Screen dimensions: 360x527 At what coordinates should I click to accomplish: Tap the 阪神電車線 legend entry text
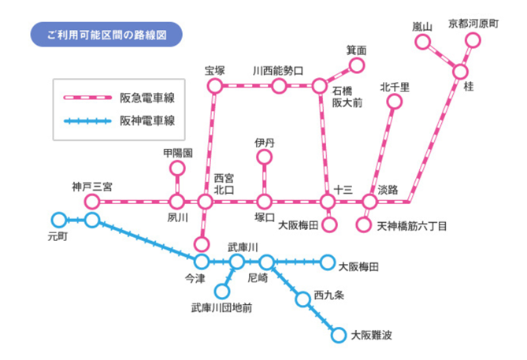click(x=147, y=121)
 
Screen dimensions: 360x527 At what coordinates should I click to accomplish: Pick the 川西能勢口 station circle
click(x=278, y=85)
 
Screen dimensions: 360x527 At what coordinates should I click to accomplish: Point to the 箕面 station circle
click(x=357, y=65)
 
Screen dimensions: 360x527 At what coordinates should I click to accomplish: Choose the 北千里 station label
click(x=394, y=87)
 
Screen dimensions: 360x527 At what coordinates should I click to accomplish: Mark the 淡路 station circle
click(x=369, y=202)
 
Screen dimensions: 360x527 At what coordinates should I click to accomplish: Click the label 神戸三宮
click(x=91, y=187)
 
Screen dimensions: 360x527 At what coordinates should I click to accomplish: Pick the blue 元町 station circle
click(x=58, y=220)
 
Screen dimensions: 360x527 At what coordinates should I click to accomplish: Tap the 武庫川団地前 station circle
click(x=221, y=292)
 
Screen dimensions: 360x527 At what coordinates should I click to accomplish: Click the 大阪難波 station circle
click(x=339, y=335)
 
